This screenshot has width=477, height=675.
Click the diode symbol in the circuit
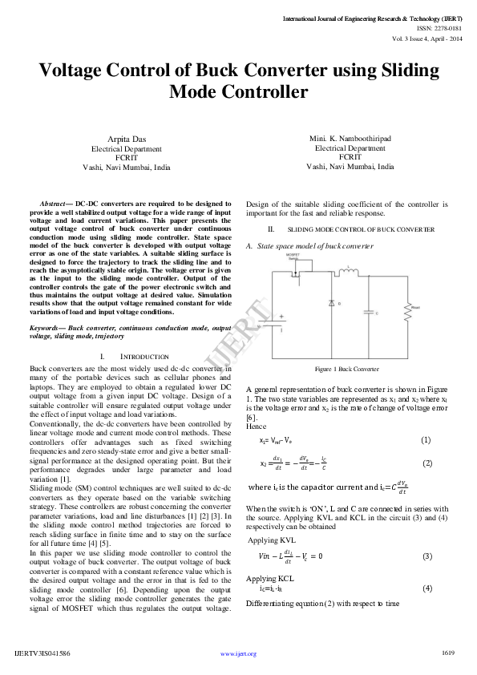point(332,304)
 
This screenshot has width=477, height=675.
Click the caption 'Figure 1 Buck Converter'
point(346,369)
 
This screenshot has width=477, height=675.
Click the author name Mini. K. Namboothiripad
point(350,138)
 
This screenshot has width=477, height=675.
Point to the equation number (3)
point(426,556)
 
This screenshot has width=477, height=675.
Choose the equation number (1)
point(426,440)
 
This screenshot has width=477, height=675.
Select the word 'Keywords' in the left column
point(46,329)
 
